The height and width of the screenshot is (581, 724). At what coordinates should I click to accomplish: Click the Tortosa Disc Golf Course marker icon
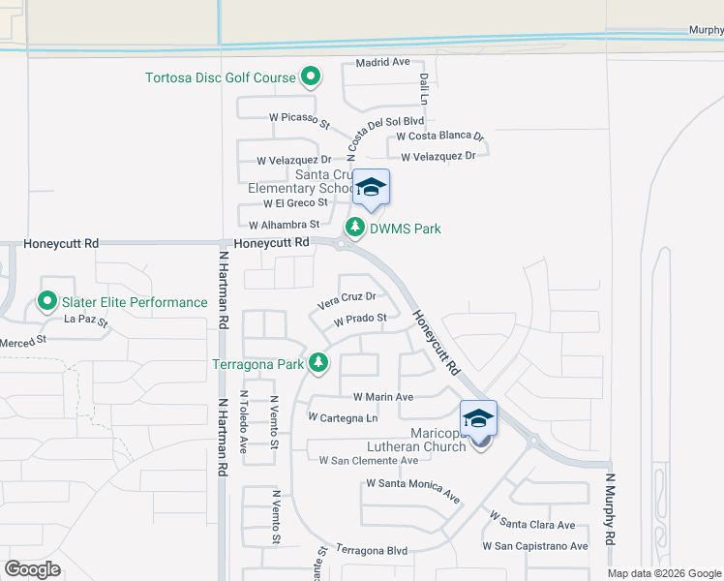311,76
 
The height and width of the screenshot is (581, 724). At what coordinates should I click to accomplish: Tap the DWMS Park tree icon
355,228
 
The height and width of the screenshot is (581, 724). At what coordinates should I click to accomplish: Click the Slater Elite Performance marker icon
46,302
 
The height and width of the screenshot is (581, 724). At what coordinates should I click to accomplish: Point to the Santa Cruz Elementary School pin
371,187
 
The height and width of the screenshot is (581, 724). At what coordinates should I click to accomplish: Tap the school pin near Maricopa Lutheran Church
478,418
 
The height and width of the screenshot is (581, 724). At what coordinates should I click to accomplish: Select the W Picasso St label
300,119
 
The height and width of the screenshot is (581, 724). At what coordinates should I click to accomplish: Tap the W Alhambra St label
284,225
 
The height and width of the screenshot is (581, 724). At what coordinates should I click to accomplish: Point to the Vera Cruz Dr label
346,300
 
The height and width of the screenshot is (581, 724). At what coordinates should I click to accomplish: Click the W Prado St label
360,319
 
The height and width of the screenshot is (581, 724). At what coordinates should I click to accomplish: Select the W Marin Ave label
383,397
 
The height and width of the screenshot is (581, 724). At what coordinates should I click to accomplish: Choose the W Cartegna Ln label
342,417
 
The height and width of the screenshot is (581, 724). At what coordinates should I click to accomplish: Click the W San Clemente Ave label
369,460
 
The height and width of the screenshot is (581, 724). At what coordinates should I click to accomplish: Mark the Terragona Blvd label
372,550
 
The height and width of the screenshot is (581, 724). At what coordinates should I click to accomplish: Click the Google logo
33,568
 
